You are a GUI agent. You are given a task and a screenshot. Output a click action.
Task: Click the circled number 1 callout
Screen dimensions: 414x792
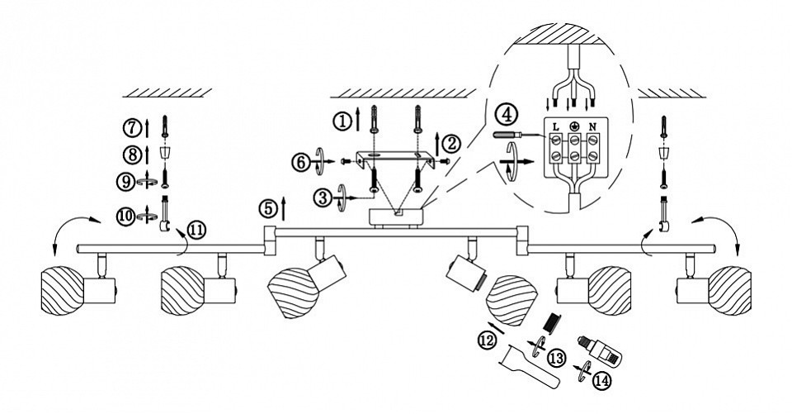tap(342, 120)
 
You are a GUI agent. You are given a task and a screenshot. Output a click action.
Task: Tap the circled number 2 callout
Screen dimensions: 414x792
tap(450, 142)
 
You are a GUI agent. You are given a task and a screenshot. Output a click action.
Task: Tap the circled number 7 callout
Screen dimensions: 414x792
tap(131, 127)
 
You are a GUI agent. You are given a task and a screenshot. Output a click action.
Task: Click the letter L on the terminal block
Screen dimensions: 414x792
tap(556, 126)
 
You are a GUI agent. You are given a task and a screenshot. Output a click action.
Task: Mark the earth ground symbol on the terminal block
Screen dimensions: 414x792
tap(574, 126)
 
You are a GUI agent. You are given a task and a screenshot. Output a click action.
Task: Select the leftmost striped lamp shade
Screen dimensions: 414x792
tap(62, 288)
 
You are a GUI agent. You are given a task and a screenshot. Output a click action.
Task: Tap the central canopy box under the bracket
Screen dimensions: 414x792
tap(395, 217)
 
